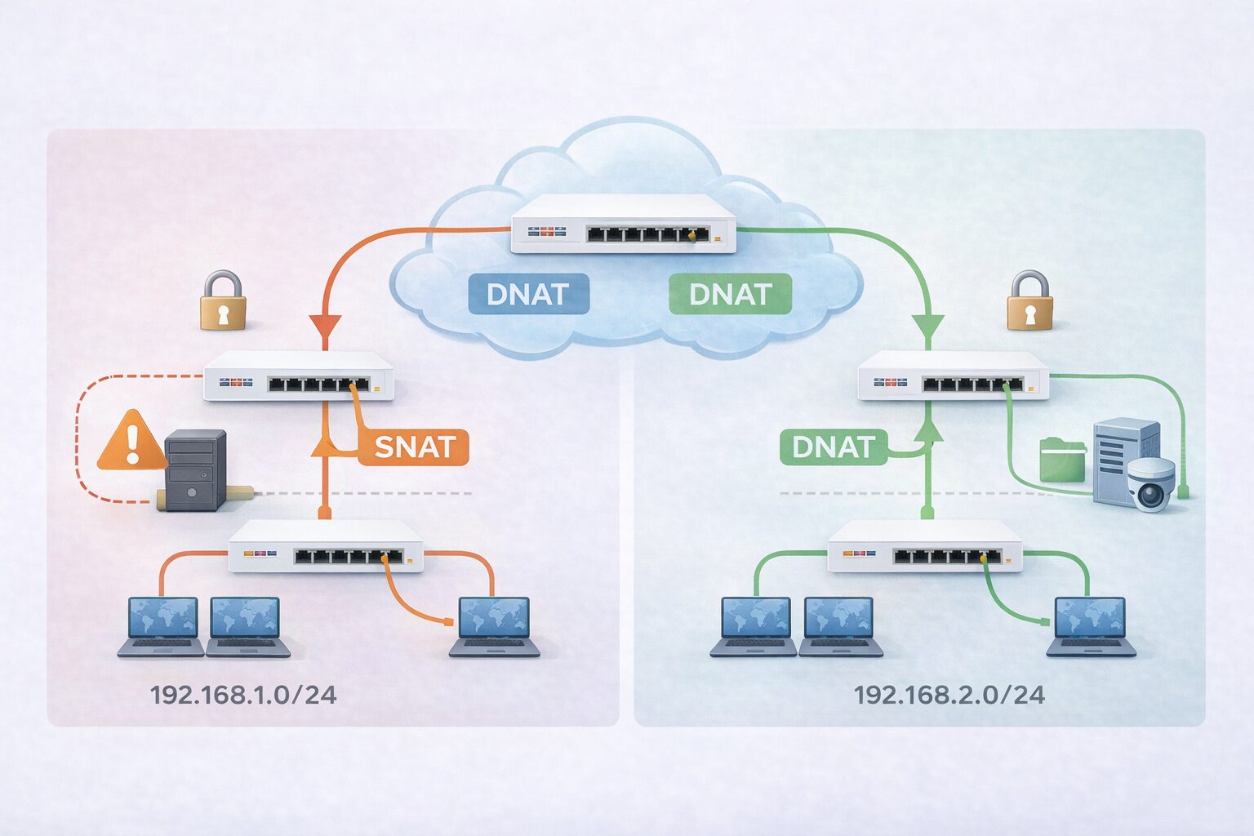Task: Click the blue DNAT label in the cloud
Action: pyautogui.click(x=528, y=294)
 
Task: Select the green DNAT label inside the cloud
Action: pyautogui.click(x=730, y=294)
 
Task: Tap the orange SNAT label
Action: pyautogui.click(x=414, y=447)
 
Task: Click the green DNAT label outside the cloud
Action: pyautogui.click(x=833, y=447)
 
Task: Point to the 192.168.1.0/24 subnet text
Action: pyautogui.click(x=243, y=695)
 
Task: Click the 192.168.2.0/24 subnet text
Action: pyautogui.click(x=949, y=695)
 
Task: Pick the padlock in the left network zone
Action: pyautogui.click(x=223, y=301)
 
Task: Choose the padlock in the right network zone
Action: pyautogui.click(x=1029, y=301)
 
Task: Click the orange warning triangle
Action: pyautogui.click(x=131, y=442)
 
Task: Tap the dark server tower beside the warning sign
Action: pyautogui.click(x=195, y=469)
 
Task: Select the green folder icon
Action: pyautogui.click(x=1062, y=459)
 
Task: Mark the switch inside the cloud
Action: pyautogui.click(x=623, y=224)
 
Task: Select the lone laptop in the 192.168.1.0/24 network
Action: pyautogui.click(x=494, y=626)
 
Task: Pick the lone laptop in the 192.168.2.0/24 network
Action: pyautogui.click(x=1091, y=626)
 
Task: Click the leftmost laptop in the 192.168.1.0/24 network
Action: pyautogui.click(x=162, y=626)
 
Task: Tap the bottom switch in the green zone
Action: pyautogui.click(x=924, y=546)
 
